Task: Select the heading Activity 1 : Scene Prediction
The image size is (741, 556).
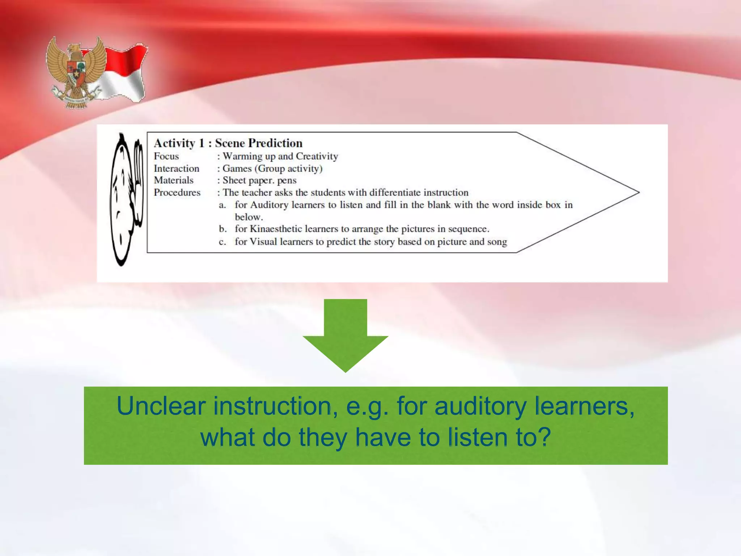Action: pos(228,143)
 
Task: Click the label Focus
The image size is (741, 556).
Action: pos(166,156)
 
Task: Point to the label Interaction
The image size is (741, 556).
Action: pos(176,169)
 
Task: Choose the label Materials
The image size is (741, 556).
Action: pos(173,180)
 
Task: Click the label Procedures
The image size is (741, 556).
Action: pos(177,193)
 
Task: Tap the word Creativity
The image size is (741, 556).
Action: pos(317,156)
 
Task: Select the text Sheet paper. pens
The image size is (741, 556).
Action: pos(259,180)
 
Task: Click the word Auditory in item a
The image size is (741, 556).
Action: pos(269,205)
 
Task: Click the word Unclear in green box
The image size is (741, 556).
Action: pos(161,406)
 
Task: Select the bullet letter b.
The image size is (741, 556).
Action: pos(222,229)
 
